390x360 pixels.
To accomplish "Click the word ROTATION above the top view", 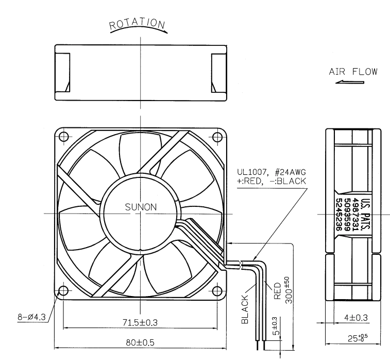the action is point(137,24).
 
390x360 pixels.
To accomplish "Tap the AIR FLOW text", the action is point(353,72).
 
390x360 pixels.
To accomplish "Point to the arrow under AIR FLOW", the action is point(350,82).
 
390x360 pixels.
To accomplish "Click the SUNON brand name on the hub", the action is point(141,207).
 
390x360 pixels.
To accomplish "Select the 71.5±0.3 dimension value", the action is point(140,323).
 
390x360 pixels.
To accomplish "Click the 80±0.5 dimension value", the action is point(140,342).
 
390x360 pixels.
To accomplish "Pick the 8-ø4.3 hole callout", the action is point(31,317).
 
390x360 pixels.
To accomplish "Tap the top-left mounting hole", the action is point(64,137).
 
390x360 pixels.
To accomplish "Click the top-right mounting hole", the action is point(217,137).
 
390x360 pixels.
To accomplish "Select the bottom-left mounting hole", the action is point(63,290).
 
